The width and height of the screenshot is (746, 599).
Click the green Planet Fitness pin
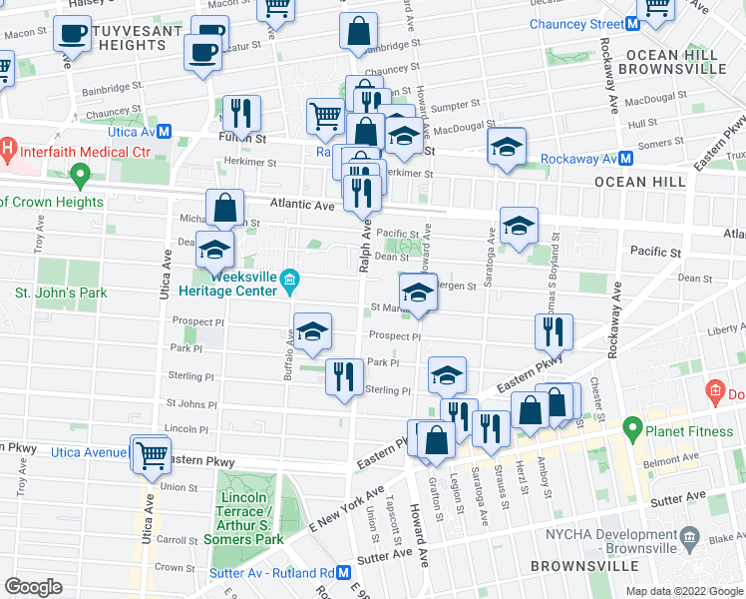coord(632,430)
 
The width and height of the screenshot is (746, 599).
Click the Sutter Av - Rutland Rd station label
coord(270,573)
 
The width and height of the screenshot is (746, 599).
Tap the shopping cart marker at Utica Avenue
coord(153,455)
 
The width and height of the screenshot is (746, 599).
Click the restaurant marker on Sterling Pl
coord(343,376)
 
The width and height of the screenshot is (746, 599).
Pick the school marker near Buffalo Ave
coord(312,332)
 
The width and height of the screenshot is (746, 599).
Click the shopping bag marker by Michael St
coord(225,208)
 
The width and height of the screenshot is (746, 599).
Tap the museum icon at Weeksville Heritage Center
coord(289,277)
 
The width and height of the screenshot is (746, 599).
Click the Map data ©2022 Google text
coord(684,591)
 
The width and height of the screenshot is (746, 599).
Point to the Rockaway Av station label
coord(578,159)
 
